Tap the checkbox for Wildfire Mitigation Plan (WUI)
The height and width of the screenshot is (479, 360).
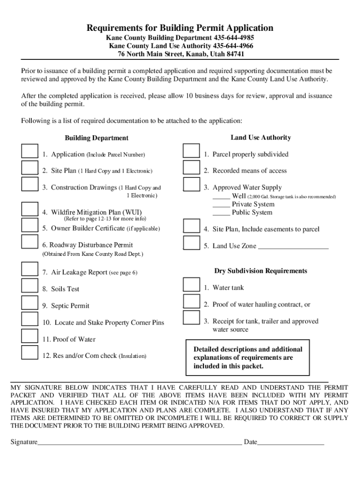(x=30, y=209)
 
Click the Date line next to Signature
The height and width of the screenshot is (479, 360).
(x=290, y=442)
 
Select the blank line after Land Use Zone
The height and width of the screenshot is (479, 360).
(x=293, y=247)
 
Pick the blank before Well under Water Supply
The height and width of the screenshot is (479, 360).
(x=221, y=197)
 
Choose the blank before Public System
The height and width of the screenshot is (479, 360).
(x=221, y=213)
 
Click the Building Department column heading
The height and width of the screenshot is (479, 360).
(x=96, y=138)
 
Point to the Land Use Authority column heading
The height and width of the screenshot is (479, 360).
(x=260, y=138)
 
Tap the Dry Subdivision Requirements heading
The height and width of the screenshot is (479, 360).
(x=260, y=271)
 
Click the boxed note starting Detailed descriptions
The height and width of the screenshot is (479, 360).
(x=248, y=358)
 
